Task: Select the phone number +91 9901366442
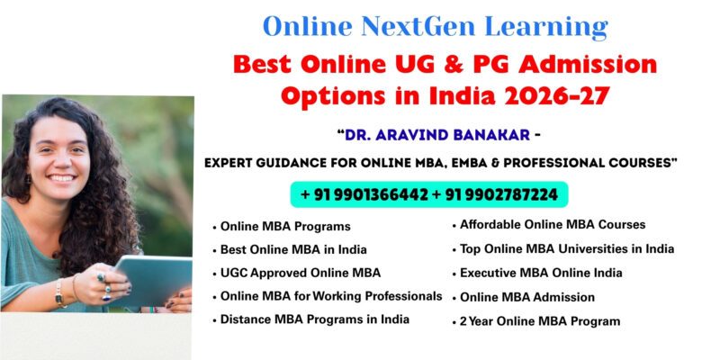click(364, 194)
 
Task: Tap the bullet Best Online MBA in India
click(293, 249)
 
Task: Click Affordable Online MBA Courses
click(553, 225)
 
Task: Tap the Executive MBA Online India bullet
click(541, 273)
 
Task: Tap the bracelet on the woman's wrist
click(60, 293)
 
